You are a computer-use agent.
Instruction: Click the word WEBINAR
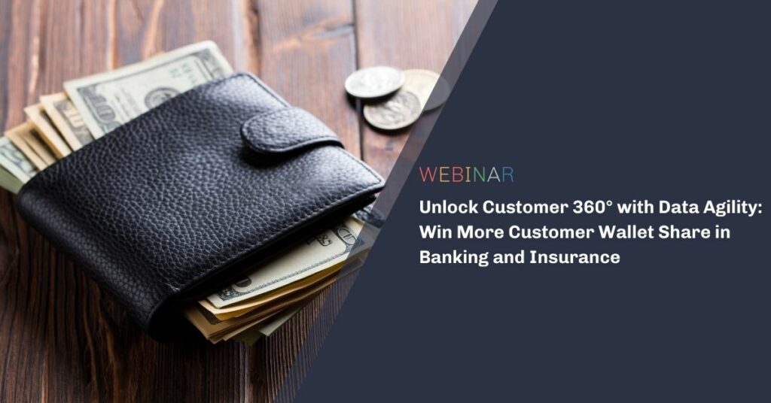pyautogui.click(x=467, y=174)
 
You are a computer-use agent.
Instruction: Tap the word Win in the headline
pyautogui.click(x=436, y=232)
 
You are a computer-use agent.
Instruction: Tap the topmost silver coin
pyautogui.click(x=374, y=82)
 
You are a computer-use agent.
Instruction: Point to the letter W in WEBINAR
pyautogui.click(x=428, y=174)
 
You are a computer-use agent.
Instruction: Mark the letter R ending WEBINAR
pyautogui.click(x=508, y=174)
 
